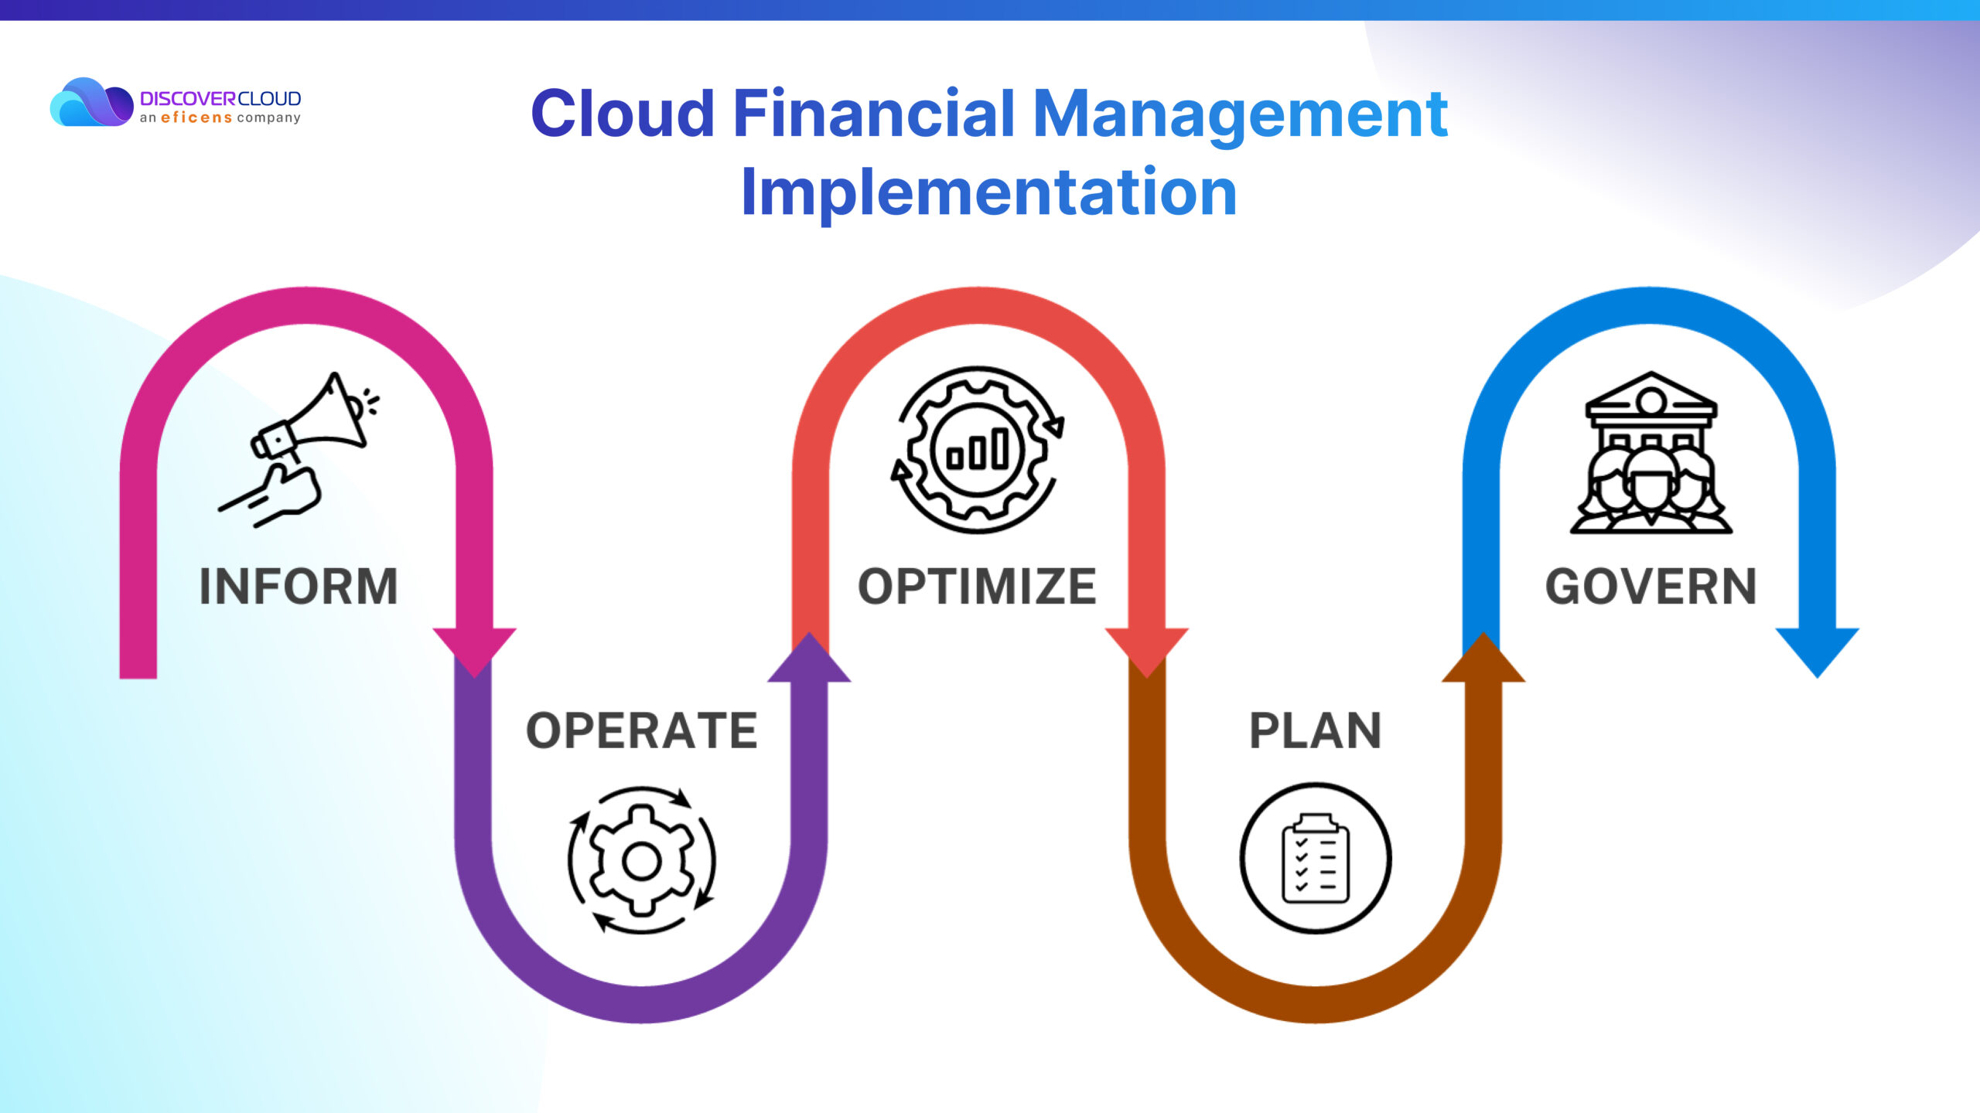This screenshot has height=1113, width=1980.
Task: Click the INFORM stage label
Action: coord(299,586)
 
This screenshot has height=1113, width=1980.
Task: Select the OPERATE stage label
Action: coord(642,730)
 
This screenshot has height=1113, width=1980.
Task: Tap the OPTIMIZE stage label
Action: coord(978,586)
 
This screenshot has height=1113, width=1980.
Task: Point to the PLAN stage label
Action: coord(1316,730)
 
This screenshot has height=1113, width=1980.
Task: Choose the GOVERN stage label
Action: coord(1651,586)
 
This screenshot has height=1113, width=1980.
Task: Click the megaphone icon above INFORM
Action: coord(299,450)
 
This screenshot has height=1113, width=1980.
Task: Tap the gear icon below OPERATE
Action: coord(642,860)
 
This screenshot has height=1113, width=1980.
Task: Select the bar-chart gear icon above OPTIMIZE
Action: coord(978,450)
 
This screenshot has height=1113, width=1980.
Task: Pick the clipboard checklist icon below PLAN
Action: coord(1316,858)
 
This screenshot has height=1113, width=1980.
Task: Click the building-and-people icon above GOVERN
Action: coord(1651,453)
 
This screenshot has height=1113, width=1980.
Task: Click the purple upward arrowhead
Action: coord(809,657)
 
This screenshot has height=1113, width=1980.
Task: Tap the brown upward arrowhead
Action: coord(1483,657)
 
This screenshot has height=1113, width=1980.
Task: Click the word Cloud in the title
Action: coord(623,114)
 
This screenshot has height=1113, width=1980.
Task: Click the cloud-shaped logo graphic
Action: coord(91,102)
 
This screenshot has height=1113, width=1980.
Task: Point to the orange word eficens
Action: coord(196,117)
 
